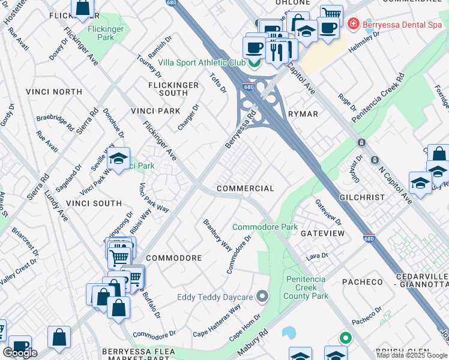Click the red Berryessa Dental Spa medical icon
pyautogui.click(x=354, y=23)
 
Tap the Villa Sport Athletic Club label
pyautogui.click(x=201, y=62)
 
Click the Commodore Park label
pyautogui.click(x=265, y=227)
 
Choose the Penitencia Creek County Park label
pyautogui.click(x=306, y=287)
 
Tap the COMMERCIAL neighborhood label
pyautogui.click(x=245, y=188)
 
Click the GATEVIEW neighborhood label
pyautogui.click(x=322, y=233)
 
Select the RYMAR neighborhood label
pyautogui.click(x=303, y=113)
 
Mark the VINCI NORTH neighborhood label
pyautogui.click(x=54, y=92)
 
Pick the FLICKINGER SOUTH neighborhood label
pyautogui.click(x=173, y=89)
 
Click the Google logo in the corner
pyautogui.click(x=20, y=352)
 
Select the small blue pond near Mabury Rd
pyautogui.click(x=289, y=332)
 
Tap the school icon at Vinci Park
pyautogui.click(x=118, y=160)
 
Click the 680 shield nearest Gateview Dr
pyautogui.click(x=369, y=238)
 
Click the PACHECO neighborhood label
pyautogui.click(x=362, y=281)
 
